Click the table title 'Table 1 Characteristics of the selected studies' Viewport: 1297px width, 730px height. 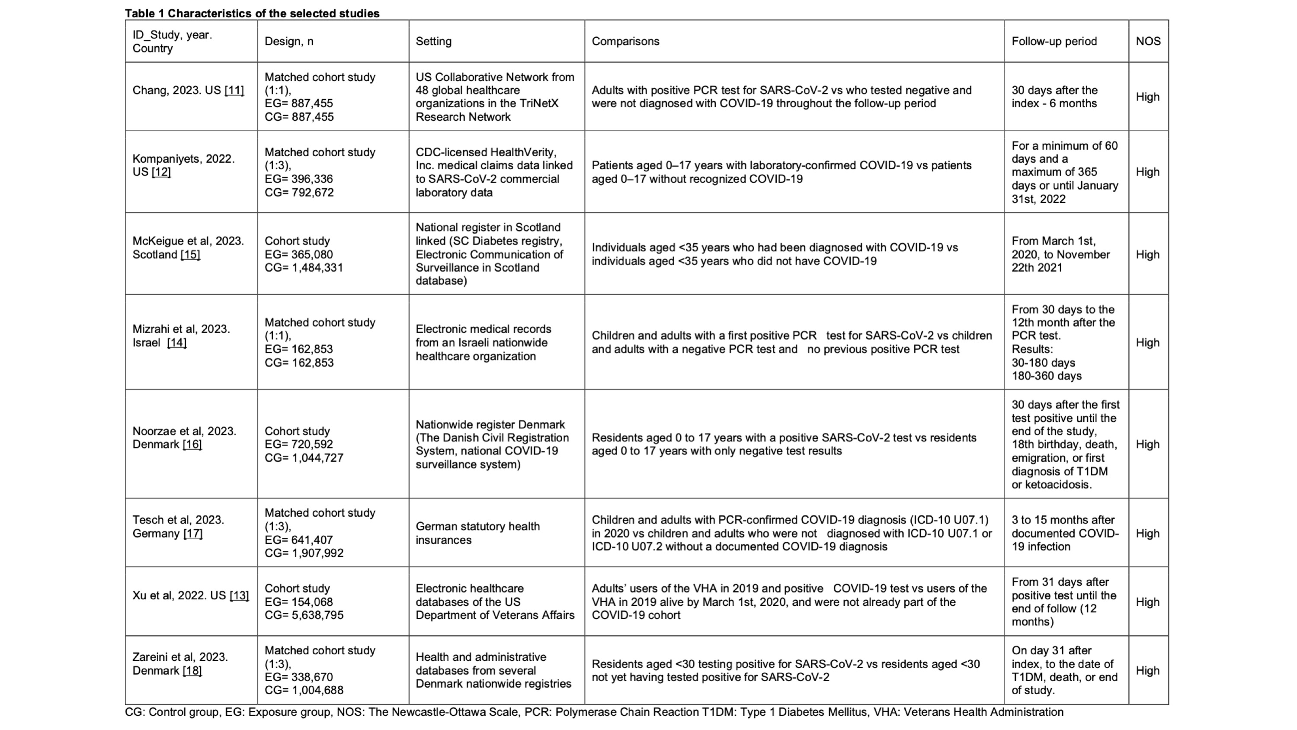pyautogui.click(x=252, y=13)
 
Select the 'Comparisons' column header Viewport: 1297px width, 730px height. pyautogui.click(x=625, y=41)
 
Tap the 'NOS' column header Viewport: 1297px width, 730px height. pyautogui.click(x=1147, y=41)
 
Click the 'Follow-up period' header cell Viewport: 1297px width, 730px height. pyautogui.click(x=1054, y=41)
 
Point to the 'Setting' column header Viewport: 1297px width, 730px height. pyautogui.click(x=433, y=41)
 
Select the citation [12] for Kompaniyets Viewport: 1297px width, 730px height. pyautogui.click(x=161, y=172)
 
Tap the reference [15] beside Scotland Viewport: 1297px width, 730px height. pyautogui.click(x=190, y=254)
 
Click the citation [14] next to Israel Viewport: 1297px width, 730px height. pyautogui.click(x=177, y=343)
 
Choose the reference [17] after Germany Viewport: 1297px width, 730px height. pyautogui.click(x=193, y=534)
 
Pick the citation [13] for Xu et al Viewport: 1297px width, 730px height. pyautogui.click(x=239, y=595)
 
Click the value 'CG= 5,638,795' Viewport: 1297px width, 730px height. pyautogui.click(x=304, y=615)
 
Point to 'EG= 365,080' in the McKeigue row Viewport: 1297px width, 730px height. pyautogui.click(x=298, y=254)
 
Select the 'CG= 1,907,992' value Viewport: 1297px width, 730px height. pyautogui.click(x=304, y=553)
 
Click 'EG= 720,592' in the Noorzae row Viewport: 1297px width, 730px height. pyautogui.click(x=298, y=444)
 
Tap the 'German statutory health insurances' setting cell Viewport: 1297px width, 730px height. pyautogui.click(x=477, y=533)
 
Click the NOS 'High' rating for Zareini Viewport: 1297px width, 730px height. pyautogui.click(x=1147, y=671)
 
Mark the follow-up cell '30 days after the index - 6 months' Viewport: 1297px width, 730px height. pyautogui.click(x=1054, y=97)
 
